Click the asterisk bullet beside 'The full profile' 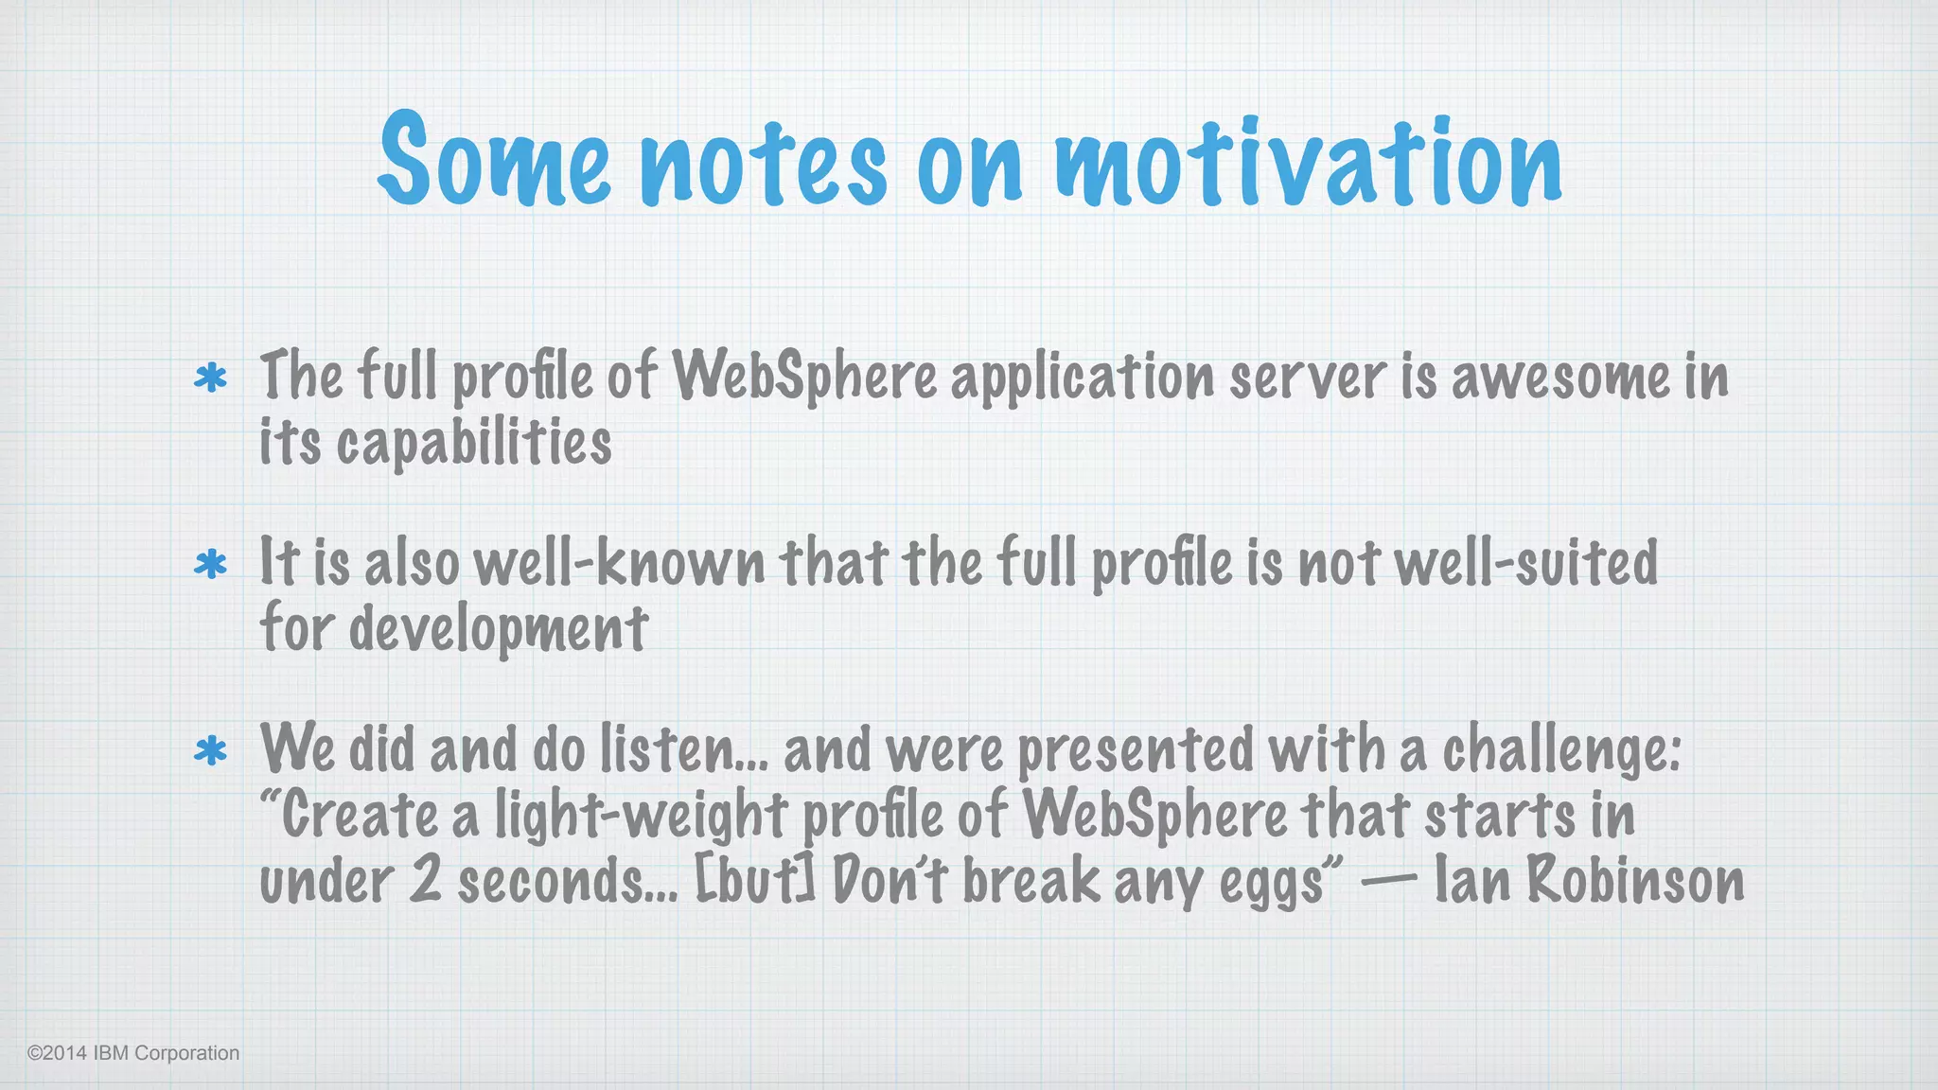click(x=210, y=378)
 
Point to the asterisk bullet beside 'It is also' click(x=210, y=565)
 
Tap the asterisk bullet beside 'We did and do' click(x=210, y=751)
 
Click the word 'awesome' click(x=1561, y=377)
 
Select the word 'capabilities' click(x=474, y=443)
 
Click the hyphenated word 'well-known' click(x=619, y=563)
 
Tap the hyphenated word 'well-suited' click(x=1525, y=563)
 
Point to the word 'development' click(x=499, y=629)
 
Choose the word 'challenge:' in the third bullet click(x=1561, y=751)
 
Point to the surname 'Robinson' click(x=1635, y=880)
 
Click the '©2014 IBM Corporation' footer click(x=133, y=1053)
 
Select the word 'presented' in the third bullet click(x=1136, y=751)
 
